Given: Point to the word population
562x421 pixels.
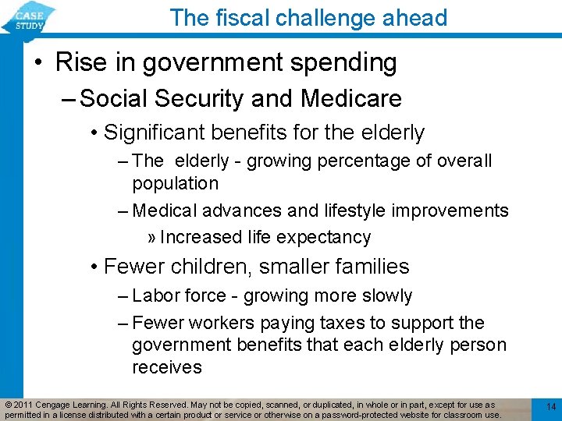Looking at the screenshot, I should click(175, 184).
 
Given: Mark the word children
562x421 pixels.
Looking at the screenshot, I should click(207, 267).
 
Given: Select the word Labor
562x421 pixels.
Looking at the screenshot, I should click(152, 296).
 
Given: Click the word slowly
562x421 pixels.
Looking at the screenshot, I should click(384, 296).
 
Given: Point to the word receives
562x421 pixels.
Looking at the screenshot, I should click(166, 367).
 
